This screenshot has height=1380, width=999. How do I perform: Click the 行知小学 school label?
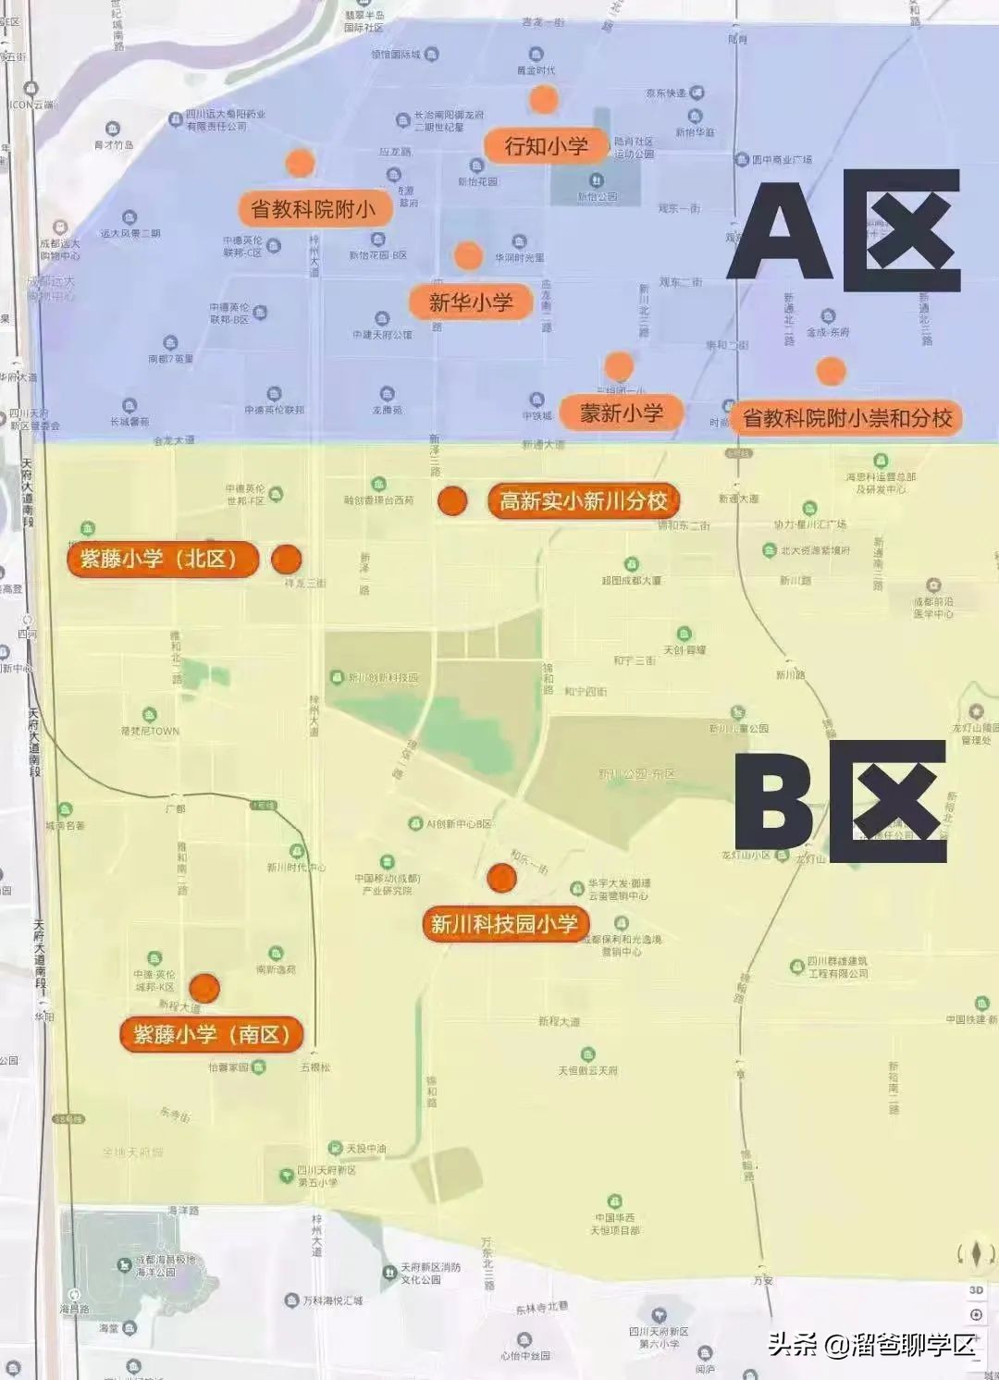coord(546,146)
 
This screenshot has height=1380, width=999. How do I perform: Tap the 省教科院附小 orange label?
coord(314,209)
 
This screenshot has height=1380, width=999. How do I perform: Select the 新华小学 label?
coord(470,302)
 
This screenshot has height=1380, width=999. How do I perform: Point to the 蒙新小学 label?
coord(621,413)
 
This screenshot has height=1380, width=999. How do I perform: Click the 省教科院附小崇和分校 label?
coord(846,418)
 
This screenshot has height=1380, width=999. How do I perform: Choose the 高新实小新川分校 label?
coord(583,501)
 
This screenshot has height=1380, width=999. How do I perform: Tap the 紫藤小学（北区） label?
coord(162,559)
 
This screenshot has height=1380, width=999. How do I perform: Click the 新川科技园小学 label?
coord(504,924)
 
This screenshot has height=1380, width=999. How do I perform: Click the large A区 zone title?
coord(844,231)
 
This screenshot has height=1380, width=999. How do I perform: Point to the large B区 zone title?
coord(840,801)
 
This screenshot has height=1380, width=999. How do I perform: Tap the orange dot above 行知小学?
coord(544,99)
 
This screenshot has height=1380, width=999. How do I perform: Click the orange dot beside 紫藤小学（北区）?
coord(287,559)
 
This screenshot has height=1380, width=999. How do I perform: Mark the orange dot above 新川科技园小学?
coord(501,878)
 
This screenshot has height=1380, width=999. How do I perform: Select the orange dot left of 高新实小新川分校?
coord(452,500)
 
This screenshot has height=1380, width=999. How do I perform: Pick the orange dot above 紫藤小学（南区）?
coord(204,988)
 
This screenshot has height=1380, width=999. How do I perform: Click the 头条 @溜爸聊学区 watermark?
coord(872,1344)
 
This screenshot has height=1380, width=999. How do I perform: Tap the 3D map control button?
coord(976,1289)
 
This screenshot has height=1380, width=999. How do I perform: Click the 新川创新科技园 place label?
coord(382,678)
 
